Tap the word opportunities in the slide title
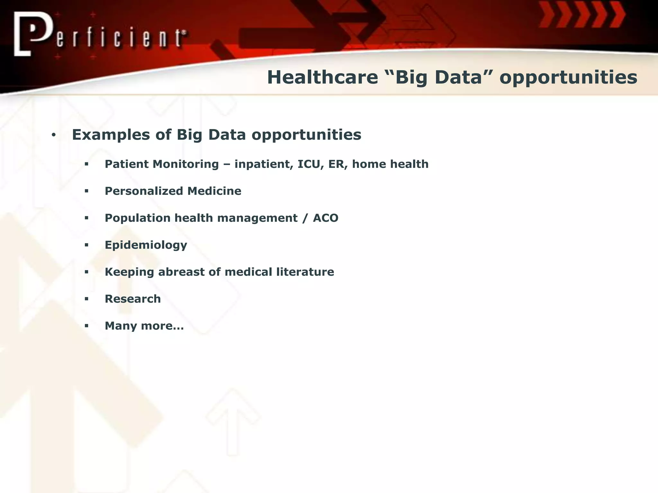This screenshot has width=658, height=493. point(568,78)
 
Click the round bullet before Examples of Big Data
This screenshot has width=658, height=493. point(54,135)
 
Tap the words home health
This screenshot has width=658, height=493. point(390,164)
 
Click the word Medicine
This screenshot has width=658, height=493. point(214,191)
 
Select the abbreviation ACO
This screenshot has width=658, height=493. point(325,218)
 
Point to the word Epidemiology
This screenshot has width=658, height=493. point(146,245)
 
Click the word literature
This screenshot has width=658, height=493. point(305,272)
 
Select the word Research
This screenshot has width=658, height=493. point(133,299)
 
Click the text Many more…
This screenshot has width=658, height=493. point(144,326)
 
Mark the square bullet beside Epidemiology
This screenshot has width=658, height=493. point(86,245)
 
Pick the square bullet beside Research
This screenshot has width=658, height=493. point(86,299)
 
